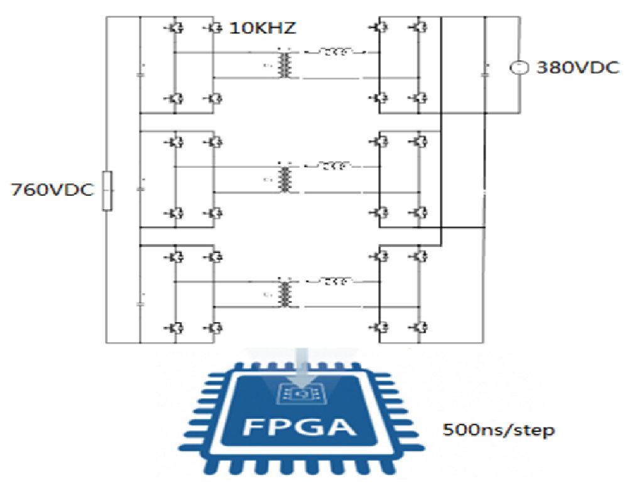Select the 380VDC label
(577, 68)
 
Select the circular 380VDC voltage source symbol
(520, 68)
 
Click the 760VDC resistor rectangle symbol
(107, 191)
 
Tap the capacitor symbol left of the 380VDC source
(484, 68)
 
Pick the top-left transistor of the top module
(176, 28)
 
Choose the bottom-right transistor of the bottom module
(417, 327)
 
